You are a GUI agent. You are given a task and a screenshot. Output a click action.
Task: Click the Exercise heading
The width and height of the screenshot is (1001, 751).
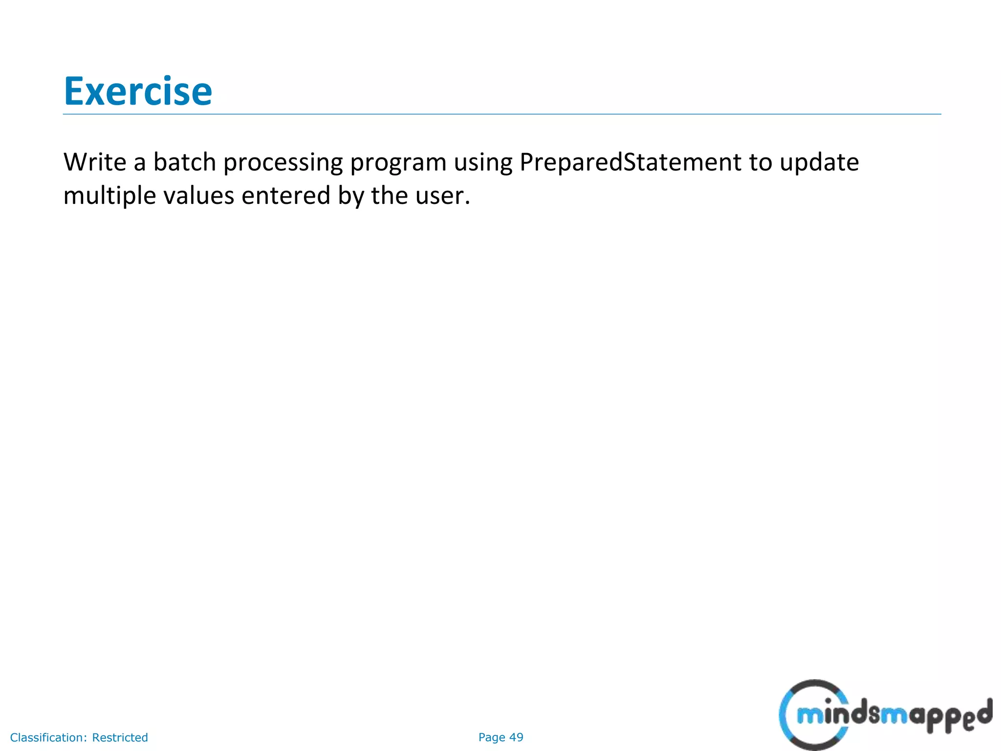tap(138, 91)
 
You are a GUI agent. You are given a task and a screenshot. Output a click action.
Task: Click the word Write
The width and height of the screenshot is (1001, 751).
tap(95, 162)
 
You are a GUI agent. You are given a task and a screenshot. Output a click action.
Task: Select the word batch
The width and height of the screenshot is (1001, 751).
tap(184, 162)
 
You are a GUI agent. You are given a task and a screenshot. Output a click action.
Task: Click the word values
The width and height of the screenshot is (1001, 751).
tap(198, 196)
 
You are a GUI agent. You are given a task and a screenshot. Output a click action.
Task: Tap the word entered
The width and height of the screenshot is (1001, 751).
tap(286, 196)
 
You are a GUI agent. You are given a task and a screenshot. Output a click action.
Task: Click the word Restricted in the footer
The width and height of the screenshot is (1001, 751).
tap(120, 737)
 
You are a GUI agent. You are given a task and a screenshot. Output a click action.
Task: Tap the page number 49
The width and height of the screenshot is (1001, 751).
tap(516, 737)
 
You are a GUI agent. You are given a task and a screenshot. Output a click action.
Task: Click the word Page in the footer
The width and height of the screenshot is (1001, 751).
tap(492, 737)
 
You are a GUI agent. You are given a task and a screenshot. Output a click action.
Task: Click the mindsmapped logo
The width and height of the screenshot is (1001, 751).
tap(885, 715)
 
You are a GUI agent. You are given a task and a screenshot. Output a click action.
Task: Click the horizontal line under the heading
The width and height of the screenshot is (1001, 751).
tap(501, 114)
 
